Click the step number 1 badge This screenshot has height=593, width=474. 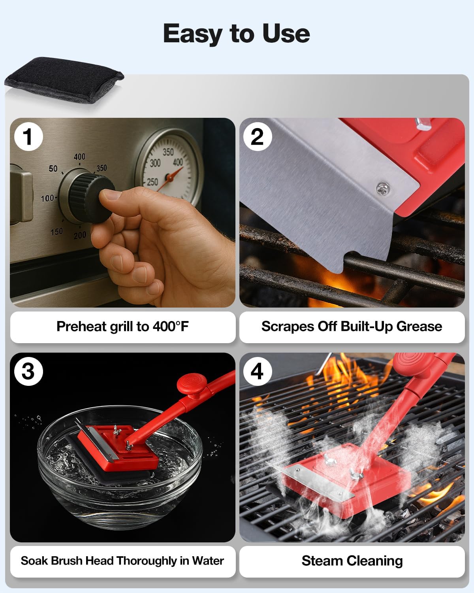coord(28,136)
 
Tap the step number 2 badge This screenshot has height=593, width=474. coord(257,136)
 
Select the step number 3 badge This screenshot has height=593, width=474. coord(28,371)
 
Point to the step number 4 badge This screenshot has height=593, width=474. coord(257,371)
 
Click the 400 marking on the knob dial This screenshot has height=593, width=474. coord(79,157)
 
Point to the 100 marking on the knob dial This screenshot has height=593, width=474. coord(48,198)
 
